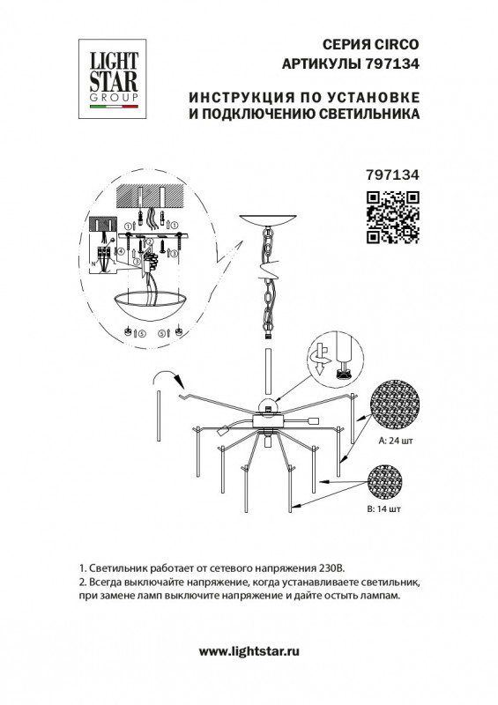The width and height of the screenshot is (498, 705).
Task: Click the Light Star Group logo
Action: [x=113, y=78]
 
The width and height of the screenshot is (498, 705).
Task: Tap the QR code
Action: [x=393, y=217]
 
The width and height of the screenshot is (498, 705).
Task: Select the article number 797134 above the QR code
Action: [x=393, y=174]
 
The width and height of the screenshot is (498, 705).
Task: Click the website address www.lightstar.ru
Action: [x=249, y=651]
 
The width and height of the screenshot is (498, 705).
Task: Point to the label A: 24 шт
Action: [x=396, y=441]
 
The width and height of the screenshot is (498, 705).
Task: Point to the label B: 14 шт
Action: [x=383, y=509]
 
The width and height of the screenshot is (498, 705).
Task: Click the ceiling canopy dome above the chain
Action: [x=269, y=221]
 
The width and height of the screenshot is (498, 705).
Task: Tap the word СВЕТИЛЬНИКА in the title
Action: [x=369, y=115]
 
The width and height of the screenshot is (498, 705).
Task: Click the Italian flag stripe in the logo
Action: [x=114, y=107]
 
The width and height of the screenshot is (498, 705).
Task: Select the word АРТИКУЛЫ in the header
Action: [x=321, y=63]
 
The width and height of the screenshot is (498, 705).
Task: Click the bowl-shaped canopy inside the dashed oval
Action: [x=150, y=305]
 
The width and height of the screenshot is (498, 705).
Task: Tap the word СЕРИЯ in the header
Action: [x=345, y=45]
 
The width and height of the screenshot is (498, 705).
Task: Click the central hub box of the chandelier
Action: [x=269, y=421]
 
